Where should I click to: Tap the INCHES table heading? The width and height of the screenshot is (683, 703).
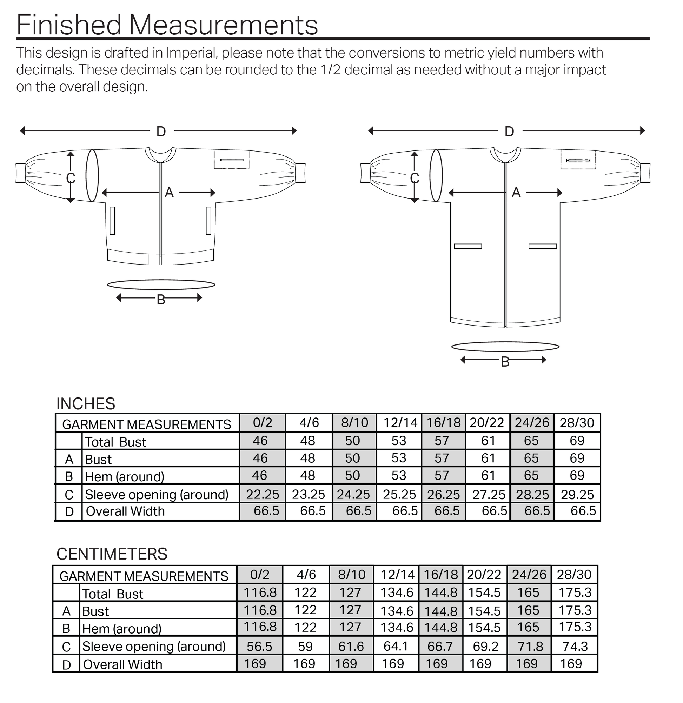[86, 404]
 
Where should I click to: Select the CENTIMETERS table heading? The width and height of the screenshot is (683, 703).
[112, 554]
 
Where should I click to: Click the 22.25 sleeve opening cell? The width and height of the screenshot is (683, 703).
[263, 495]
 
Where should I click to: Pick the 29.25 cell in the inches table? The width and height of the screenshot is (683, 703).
[577, 495]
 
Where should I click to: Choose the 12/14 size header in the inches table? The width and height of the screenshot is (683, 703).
[400, 423]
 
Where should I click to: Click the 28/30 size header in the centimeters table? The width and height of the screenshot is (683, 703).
[574, 575]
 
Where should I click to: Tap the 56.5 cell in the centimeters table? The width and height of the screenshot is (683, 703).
[259, 646]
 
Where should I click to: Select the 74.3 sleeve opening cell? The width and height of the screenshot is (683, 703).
[575, 646]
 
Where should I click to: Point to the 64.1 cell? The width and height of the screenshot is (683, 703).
[396, 646]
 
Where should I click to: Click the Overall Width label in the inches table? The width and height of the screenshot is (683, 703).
[125, 511]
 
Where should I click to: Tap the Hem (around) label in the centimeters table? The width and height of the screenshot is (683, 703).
[122, 629]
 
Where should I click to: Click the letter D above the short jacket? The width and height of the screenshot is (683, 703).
[161, 132]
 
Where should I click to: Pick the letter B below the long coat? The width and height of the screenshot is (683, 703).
[505, 362]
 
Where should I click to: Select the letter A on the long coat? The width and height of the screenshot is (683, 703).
[516, 193]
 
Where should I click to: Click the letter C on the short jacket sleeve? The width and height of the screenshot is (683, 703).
[71, 178]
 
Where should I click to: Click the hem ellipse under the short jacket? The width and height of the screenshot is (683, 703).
[161, 285]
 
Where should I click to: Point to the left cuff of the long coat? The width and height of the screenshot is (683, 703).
[365, 173]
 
